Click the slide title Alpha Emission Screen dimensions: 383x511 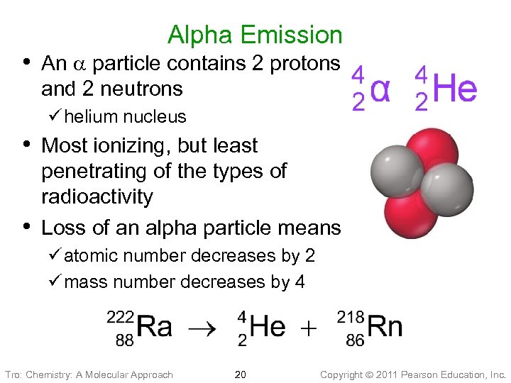(x=255, y=35)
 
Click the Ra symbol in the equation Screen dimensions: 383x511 (x=154, y=327)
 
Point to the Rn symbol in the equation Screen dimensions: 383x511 (x=386, y=327)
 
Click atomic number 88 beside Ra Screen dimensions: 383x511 (x=124, y=340)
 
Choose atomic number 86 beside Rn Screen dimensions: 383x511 (x=355, y=340)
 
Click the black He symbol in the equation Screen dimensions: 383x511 (x=268, y=327)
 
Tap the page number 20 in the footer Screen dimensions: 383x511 (x=240, y=374)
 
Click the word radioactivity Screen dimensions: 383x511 (x=97, y=196)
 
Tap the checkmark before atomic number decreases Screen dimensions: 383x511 (x=56, y=255)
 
